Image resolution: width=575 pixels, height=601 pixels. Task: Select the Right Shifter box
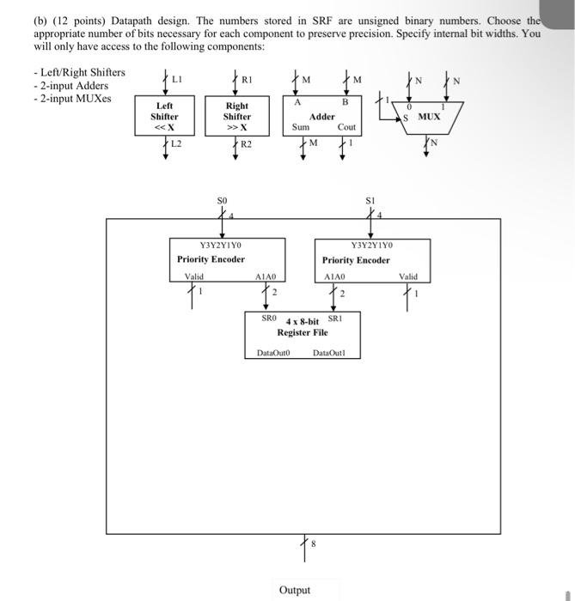pyautogui.click(x=237, y=116)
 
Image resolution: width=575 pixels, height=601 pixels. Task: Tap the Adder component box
pyautogui.click(x=323, y=115)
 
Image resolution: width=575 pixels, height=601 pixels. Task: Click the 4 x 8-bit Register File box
pyautogui.click(x=302, y=335)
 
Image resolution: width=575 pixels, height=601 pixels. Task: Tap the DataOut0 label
pyautogui.click(x=274, y=352)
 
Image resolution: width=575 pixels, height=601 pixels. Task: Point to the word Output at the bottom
pyautogui.click(x=295, y=590)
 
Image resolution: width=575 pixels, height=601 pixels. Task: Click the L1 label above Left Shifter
pyautogui.click(x=177, y=78)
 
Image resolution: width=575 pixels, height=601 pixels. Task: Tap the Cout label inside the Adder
pyautogui.click(x=346, y=127)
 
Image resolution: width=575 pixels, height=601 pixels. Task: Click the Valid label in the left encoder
pyautogui.click(x=194, y=276)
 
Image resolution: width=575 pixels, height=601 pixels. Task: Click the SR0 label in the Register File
pyautogui.click(x=268, y=318)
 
